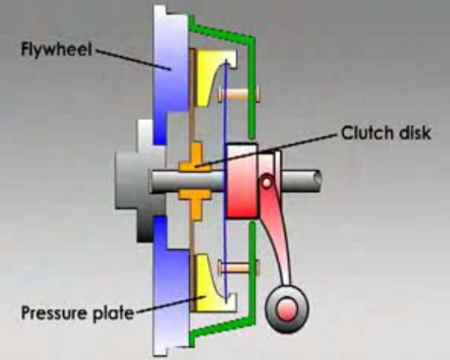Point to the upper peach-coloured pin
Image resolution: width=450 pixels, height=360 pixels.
click(237, 93)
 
